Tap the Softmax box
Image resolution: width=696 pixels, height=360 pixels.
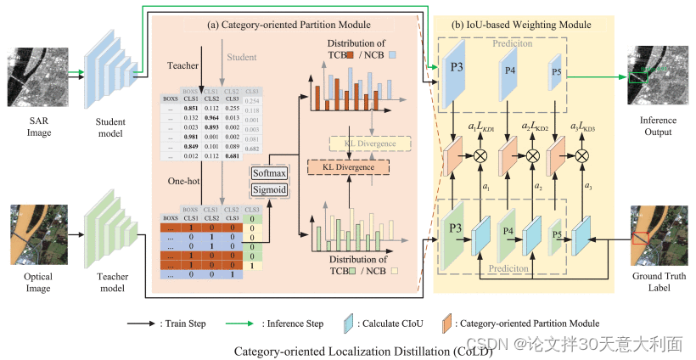pyautogui.click(x=271, y=173)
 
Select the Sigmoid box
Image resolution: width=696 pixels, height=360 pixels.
pyautogui.click(x=271, y=188)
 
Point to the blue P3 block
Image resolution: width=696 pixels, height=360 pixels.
pyautogui.click(x=455, y=82)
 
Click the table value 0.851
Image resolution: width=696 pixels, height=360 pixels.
pyautogui.click(x=193, y=108)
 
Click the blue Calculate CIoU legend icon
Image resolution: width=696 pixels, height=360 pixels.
pyautogui.click(x=348, y=323)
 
